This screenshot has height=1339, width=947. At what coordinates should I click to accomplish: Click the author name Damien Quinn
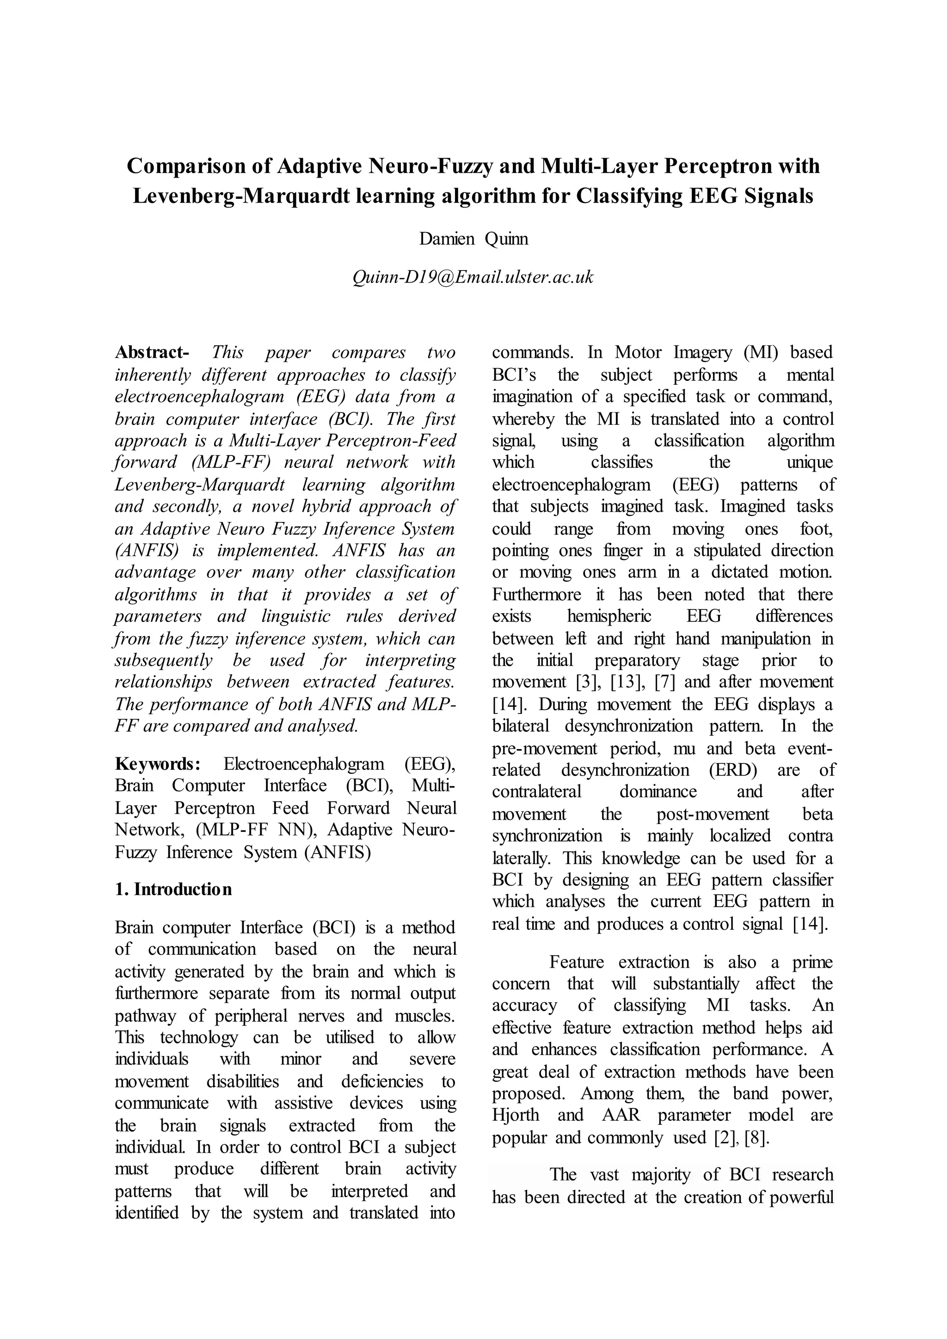coord(473,239)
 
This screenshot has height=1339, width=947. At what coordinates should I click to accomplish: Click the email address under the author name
coord(473,277)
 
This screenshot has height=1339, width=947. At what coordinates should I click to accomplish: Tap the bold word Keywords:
coord(157,764)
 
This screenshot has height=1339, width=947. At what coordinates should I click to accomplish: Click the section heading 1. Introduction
coord(173,890)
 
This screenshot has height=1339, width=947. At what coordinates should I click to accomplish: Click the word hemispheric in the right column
coord(609,616)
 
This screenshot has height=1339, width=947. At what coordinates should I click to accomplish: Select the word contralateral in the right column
coord(536,792)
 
